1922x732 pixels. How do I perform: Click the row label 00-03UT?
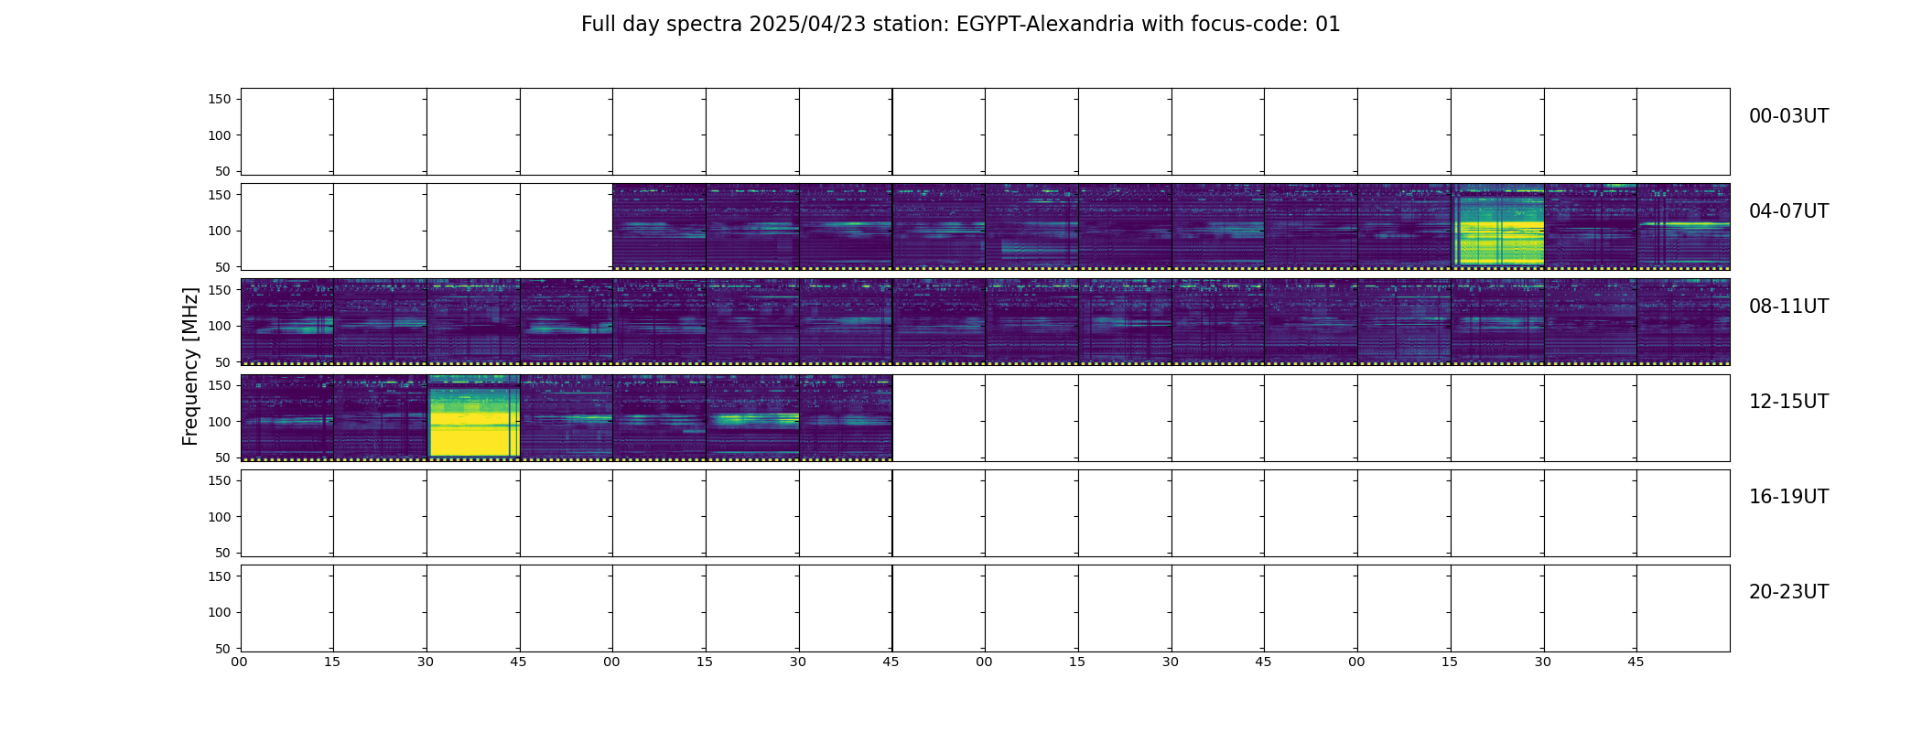click(1788, 116)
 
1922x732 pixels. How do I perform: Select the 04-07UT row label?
click(1788, 211)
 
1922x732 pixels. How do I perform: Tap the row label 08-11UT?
click(1788, 307)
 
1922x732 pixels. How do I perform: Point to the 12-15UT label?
click(1788, 402)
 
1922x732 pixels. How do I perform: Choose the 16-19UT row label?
click(1788, 497)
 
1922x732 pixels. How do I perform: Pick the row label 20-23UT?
click(1788, 592)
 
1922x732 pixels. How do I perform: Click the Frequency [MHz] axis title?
click(190, 366)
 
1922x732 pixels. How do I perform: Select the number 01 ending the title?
click(1328, 25)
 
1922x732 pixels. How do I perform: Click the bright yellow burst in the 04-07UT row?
click(1498, 227)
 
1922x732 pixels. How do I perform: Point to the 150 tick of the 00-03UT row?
click(220, 99)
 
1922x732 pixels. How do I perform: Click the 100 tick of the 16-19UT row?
click(220, 517)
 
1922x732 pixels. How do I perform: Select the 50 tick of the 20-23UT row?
click(223, 649)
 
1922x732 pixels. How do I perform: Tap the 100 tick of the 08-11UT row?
click(220, 326)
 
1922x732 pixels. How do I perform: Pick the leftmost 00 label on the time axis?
click(240, 662)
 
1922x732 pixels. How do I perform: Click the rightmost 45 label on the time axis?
click(1636, 662)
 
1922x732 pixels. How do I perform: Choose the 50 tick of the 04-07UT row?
click(223, 267)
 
